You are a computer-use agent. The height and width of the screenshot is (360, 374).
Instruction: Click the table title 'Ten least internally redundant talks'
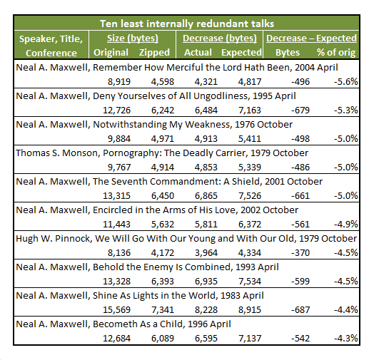coord(187,24)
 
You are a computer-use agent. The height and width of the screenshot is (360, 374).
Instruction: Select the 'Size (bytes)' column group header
coord(133,38)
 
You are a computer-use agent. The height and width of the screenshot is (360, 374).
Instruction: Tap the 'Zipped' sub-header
coord(154,53)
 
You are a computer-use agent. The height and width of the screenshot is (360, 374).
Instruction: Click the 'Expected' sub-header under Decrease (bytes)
coord(241,53)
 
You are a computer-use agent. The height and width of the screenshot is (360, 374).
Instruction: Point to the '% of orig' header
coord(336,53)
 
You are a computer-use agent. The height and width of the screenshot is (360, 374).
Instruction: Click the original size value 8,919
coord(119,82)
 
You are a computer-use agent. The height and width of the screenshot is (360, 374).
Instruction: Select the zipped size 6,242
coord(163,110)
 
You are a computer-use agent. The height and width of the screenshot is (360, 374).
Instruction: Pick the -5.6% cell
coord(346,82)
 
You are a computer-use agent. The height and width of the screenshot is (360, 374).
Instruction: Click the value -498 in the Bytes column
coord(300,139)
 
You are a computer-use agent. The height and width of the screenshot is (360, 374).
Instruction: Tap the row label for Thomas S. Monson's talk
coord(162,153)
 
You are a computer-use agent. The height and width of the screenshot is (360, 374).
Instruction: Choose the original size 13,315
coord(116,196)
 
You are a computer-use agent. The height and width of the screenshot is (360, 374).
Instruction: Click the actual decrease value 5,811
coord(206,224)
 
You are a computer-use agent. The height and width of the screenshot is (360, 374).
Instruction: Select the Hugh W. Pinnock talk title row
coord(186,239)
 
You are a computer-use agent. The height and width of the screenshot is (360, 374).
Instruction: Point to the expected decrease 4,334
coord(250,253)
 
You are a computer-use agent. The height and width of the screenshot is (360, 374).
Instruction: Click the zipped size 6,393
coord(163,282)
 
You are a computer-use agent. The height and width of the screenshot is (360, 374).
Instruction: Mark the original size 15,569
coord(116,310)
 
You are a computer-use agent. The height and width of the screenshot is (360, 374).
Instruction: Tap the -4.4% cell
coord(346,310)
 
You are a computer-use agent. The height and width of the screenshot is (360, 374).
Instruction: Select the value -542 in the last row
coord(300,339)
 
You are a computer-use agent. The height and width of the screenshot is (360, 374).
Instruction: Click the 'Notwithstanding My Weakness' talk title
coord(161,125)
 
